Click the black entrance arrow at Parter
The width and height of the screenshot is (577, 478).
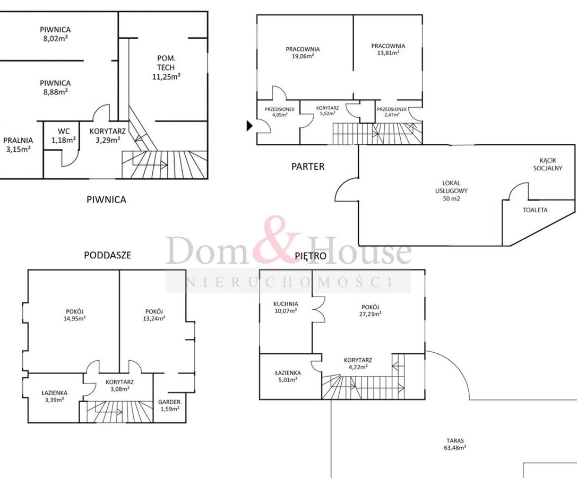[250, 126]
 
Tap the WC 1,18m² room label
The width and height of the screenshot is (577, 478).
[64, 135]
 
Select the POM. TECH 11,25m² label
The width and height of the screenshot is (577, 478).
[166, 67]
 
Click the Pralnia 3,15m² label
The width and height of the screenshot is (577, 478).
[18, 144]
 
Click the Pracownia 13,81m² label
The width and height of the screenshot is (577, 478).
[388, 49]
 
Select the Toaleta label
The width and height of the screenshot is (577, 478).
[535, 210]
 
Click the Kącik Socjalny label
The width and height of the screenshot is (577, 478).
[548, 164]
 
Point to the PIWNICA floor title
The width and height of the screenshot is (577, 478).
[106, 199]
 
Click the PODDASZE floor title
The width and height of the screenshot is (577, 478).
[107, 255]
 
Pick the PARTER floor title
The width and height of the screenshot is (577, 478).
[308, 167]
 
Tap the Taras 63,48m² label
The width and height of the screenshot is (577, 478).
[455, 444]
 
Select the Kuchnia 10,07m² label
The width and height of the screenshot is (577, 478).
[286, 307]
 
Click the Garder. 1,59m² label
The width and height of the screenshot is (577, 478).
[170, 405]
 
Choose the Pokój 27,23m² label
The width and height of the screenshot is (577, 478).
[370, 311]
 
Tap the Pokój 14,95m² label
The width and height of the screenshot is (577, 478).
[75, 315]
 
